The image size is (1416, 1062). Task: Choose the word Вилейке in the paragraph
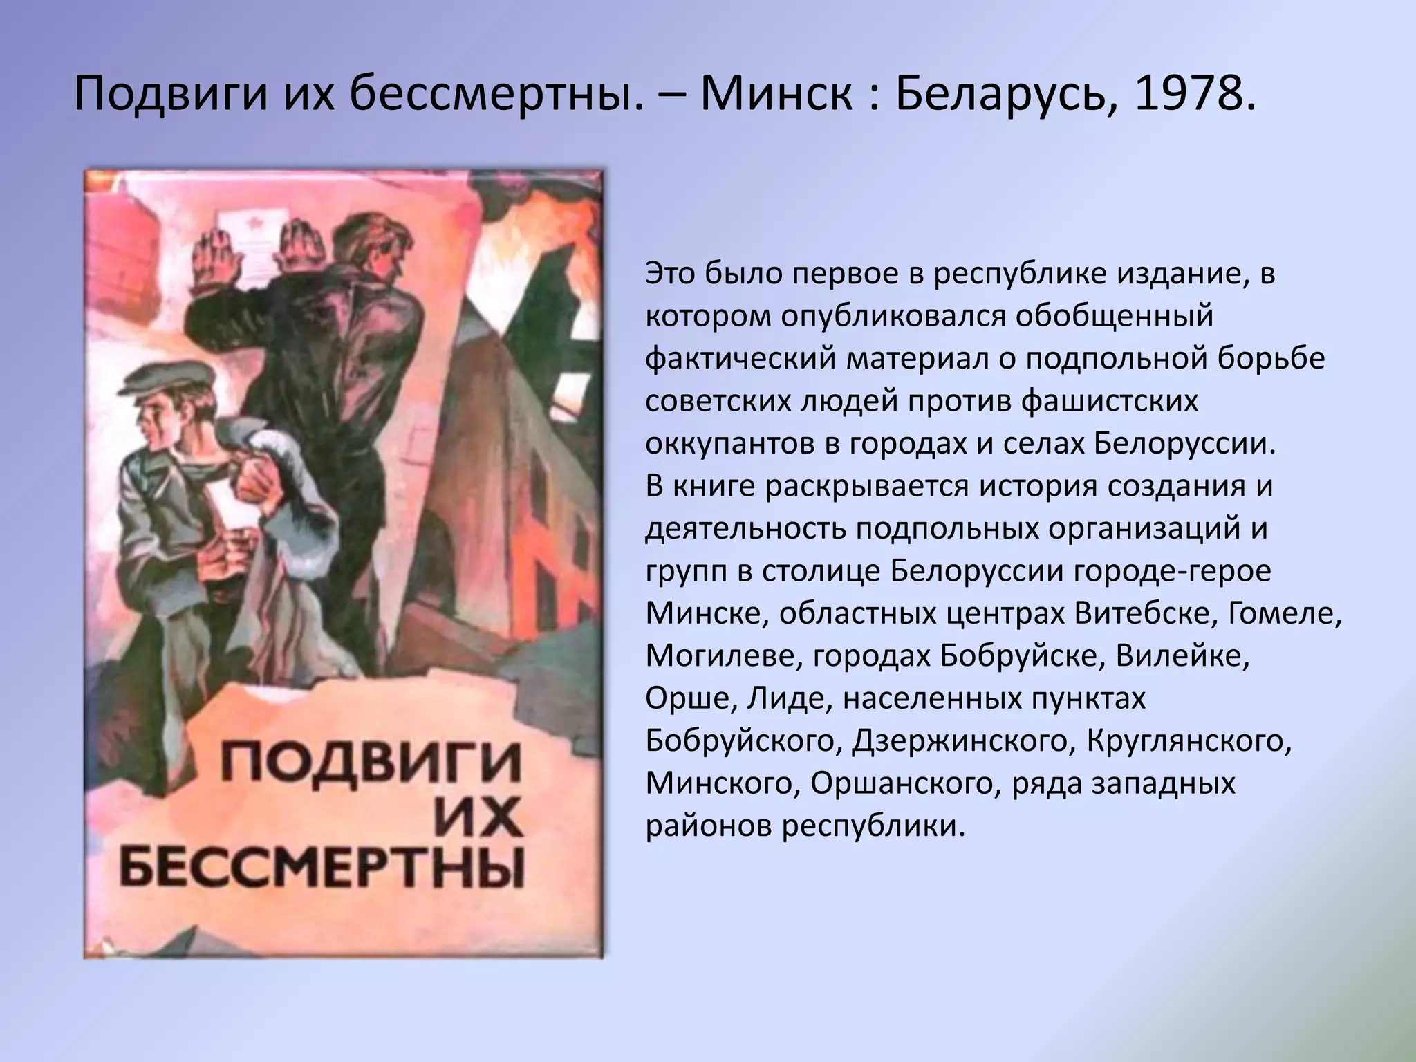pos(1182,655)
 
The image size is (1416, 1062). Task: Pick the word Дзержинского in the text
pos(960,741)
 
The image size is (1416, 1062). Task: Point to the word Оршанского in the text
pos(905,783)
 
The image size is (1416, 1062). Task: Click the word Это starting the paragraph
pos(671,274)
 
